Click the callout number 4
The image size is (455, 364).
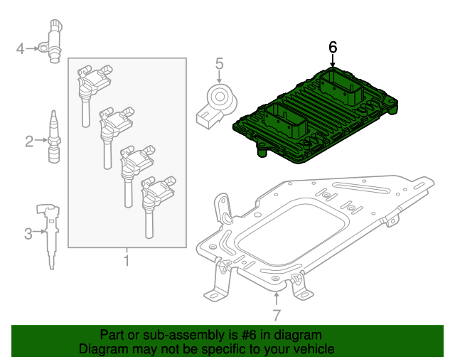point(20,49)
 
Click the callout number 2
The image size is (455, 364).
point(29,141)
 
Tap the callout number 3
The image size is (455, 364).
point(28,234)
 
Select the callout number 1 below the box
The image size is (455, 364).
point(127,260)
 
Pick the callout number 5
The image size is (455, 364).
point(220,63)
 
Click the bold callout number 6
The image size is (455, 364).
point(333,48)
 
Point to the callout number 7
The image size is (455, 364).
point(277,315)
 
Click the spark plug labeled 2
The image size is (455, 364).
point(54,136)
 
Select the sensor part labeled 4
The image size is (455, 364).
point(53,41)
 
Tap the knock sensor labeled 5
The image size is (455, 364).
point(217,105)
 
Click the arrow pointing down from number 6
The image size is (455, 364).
point(333,60)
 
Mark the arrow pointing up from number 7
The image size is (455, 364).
point(277,299)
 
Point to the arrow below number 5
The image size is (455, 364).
point(219,77)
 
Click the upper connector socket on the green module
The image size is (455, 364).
point(342,87)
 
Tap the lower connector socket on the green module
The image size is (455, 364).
point(286,122)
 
